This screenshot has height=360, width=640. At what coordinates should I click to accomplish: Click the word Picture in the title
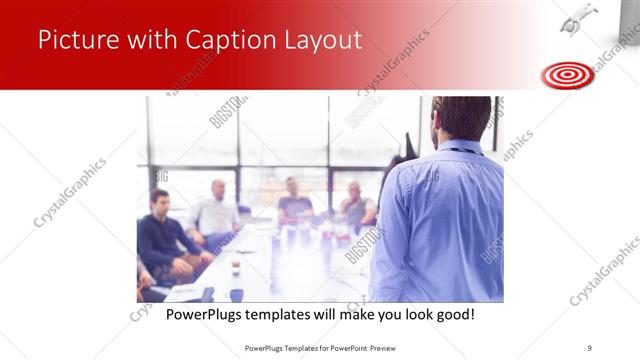click(81, 40)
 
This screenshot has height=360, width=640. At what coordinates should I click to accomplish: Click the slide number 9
click(590, 347)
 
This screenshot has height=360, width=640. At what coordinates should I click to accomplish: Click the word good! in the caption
click(453, 314)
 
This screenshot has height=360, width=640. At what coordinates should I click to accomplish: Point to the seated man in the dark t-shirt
click(294, 201)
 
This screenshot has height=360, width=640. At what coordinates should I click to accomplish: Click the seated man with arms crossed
click(356, 205)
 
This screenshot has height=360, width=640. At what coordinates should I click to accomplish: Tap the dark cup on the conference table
click(236, 267)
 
